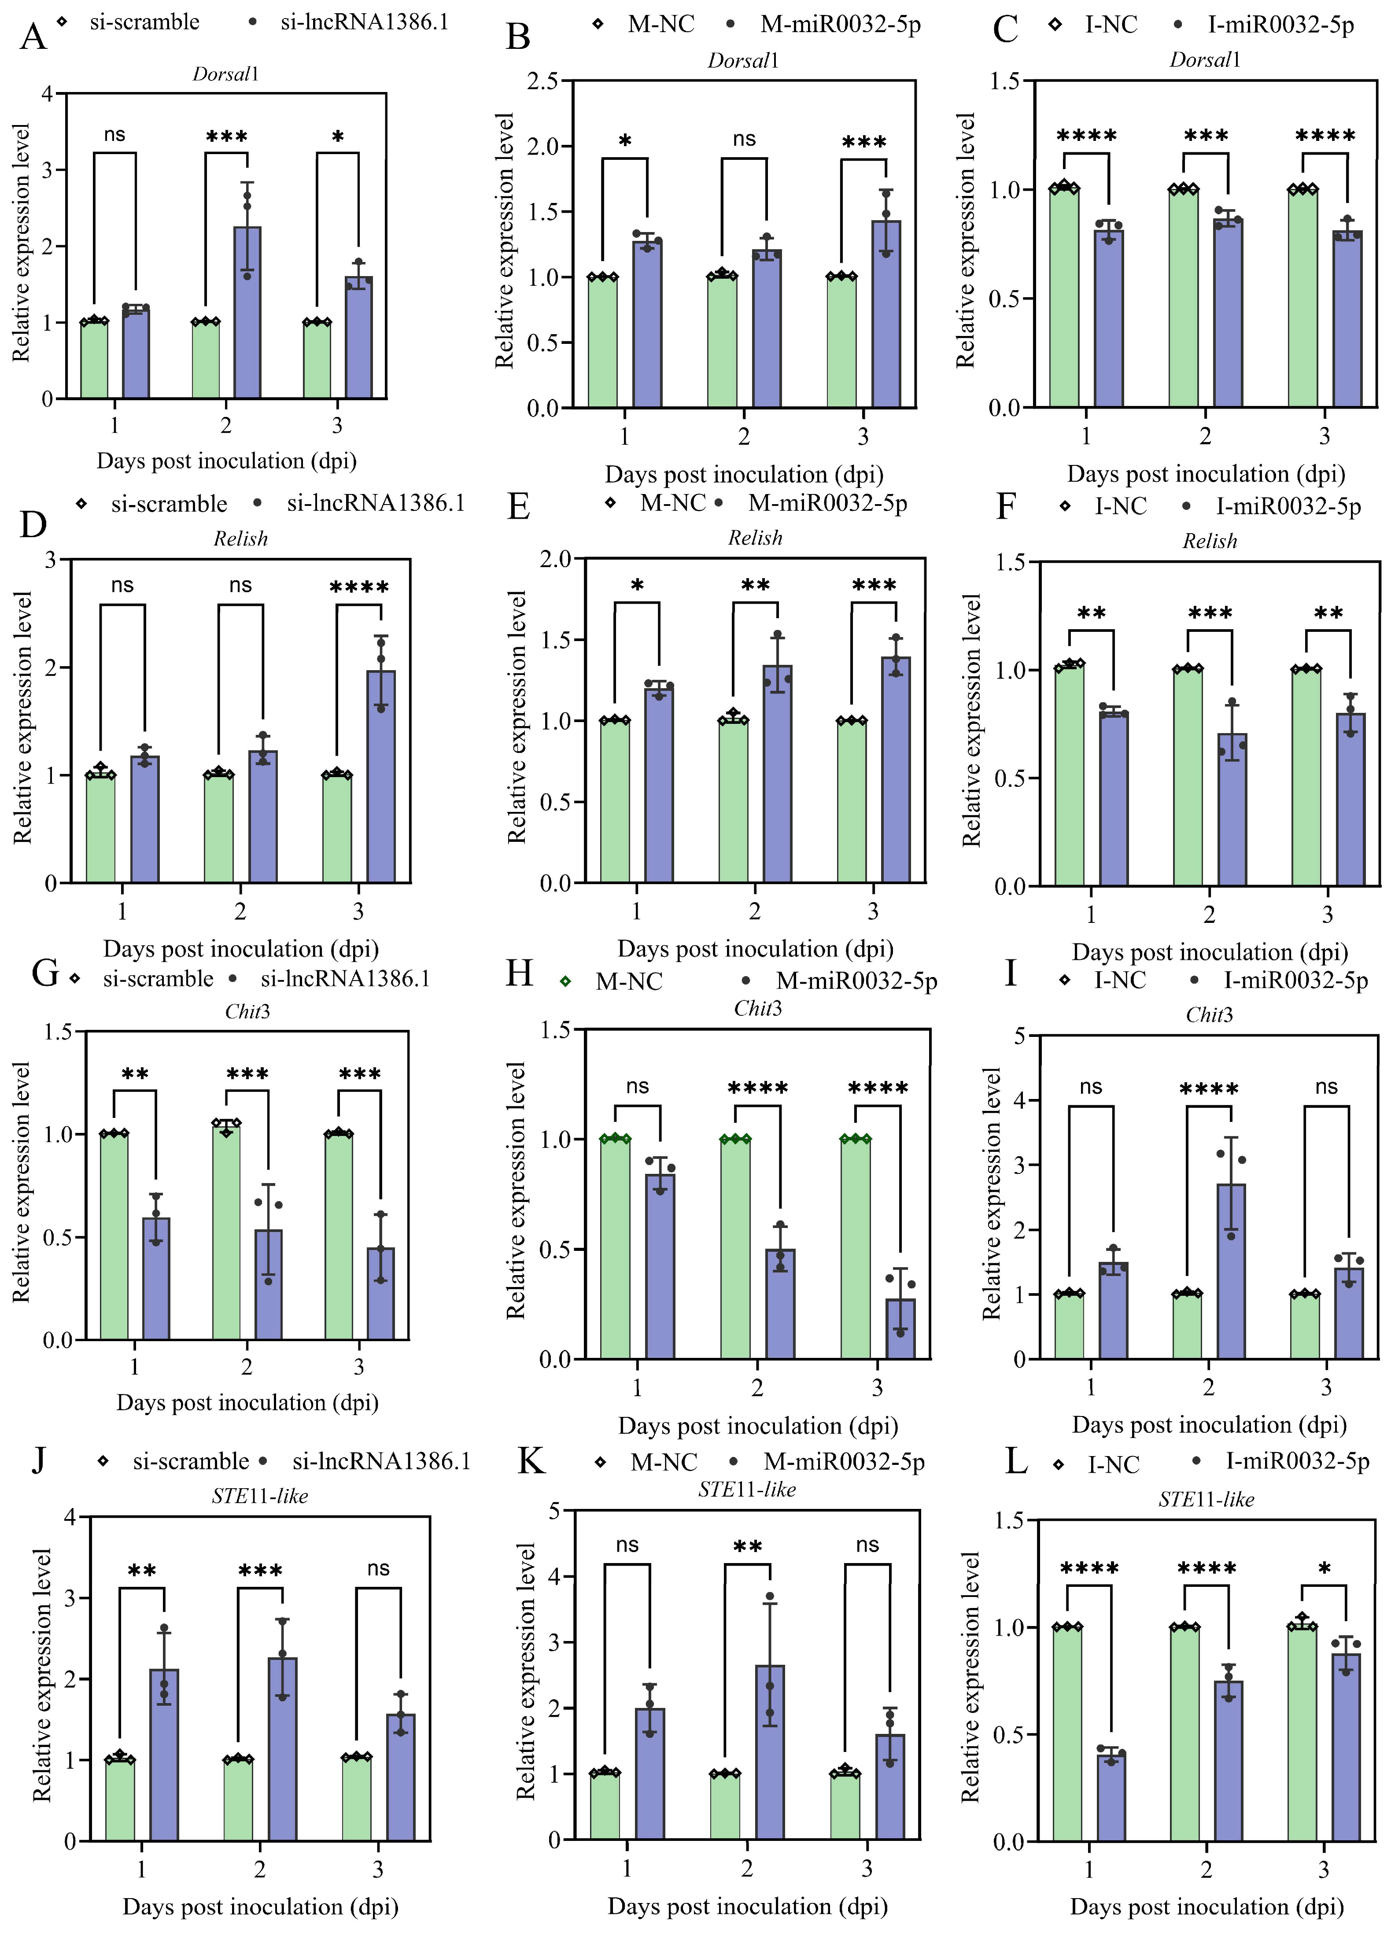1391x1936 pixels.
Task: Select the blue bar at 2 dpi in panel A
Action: pos(247,313)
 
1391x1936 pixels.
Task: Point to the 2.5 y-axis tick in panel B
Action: pos(543,81)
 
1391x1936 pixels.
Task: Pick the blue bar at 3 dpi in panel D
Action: pos(381,777)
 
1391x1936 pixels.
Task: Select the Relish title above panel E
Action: pos(755,538)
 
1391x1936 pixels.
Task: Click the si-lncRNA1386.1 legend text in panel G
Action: pos(345,979)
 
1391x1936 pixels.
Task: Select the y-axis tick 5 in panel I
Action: pos(1020,1036)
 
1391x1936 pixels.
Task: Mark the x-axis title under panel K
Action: pos(747,1906)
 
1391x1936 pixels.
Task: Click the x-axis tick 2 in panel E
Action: pos(755,912)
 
